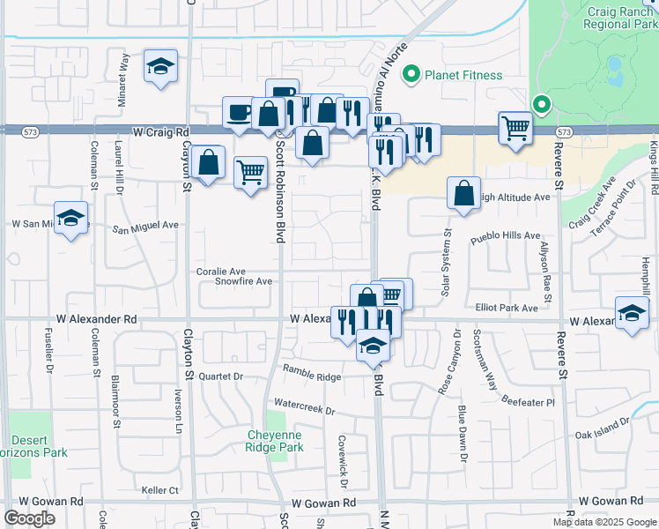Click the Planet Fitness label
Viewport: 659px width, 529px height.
tap(463, 75)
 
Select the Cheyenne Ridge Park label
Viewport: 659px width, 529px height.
tap(275, 441)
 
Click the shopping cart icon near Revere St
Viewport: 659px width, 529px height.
tap(515, 127)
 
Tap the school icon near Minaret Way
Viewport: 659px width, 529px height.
tap(160, 68)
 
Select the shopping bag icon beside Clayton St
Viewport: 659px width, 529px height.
tap(207, 162)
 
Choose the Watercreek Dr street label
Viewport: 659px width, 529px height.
tap(305, 410)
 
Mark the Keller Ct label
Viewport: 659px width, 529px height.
tap(160, 489)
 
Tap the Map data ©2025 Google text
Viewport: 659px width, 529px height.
tap(604, 522)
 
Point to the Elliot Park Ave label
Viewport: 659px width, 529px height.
tap(507, 308)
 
